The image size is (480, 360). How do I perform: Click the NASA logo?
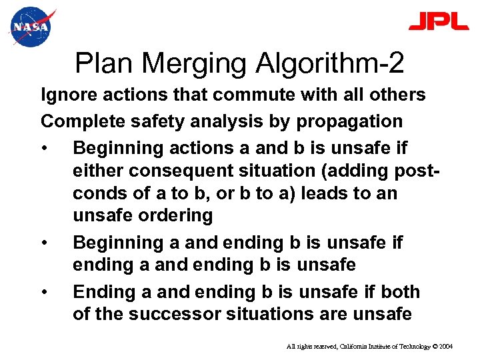(30, 27)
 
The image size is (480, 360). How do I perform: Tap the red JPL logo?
(438, 21)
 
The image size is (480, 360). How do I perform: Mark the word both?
(400, 292)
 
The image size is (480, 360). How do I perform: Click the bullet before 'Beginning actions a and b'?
(45, 147)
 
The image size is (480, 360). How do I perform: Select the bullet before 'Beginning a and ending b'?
(45, 243)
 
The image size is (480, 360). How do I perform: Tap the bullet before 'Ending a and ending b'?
(45, 292)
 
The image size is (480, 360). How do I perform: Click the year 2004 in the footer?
(445, 347)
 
